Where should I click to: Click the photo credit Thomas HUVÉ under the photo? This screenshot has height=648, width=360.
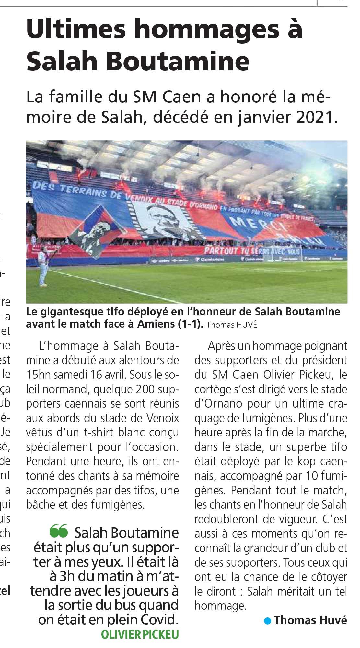[x=232, y=325]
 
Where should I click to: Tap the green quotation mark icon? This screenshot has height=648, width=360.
[x=59, y=530]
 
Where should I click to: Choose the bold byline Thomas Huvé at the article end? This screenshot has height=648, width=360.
[x=310, y=620]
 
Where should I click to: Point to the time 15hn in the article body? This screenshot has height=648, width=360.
[x=38, y=375]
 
